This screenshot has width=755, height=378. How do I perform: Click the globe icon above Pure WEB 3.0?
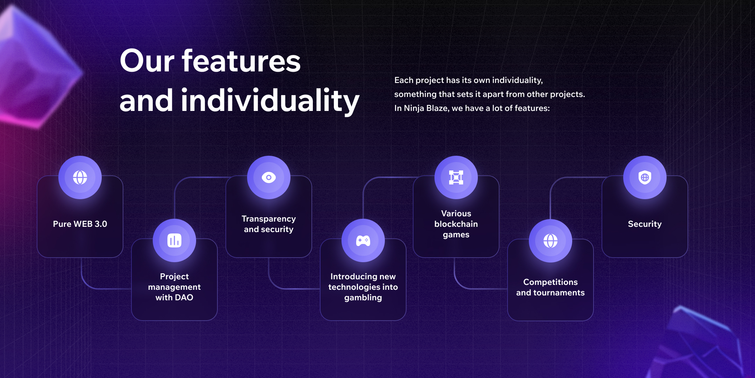[x=80, y=177]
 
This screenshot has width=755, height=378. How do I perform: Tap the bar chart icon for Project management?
[x=174, y=240]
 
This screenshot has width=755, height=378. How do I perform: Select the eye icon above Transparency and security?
[x=269, y=177]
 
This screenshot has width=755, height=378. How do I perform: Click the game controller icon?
[x=363, y=241]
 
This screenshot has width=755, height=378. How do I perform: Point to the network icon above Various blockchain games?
[x=456, y=177]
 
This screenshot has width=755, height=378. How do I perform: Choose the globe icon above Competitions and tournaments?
[x=551, y=241]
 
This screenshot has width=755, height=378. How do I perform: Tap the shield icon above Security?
[x=645, y=177]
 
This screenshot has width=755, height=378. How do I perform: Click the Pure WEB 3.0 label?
[x=80, y=224]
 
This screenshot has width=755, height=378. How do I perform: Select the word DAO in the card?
[x=184, y=297]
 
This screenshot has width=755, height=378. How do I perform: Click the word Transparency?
[x=269, y=219]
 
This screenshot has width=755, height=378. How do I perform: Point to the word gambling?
[x=363, y=298]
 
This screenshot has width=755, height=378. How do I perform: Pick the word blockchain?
[x=456, y=224]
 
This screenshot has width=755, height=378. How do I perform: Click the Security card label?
[x=645, y=224]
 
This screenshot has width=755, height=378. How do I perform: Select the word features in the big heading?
[x=241, y=61]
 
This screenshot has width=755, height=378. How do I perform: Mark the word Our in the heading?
[x=147, y=61]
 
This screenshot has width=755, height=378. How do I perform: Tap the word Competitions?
[x=551, y=282]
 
